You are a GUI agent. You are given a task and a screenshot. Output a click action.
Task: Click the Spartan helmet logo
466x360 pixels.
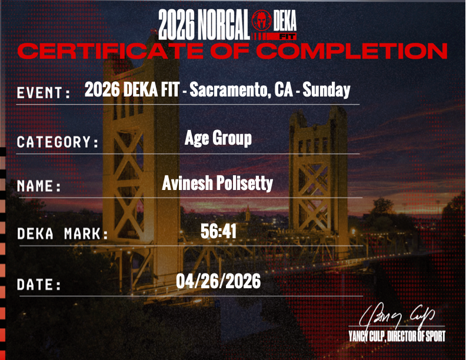pos(261,20)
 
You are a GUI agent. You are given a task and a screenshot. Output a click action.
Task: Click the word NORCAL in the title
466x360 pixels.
pos(224,24)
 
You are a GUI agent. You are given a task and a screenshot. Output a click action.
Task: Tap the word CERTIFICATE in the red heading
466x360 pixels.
pos(111,51)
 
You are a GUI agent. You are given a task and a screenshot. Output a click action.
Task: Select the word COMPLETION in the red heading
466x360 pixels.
pos(352,51)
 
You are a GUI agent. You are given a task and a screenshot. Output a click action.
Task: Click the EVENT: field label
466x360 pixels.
pos(44,93)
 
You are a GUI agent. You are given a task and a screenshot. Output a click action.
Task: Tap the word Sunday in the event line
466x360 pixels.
pos(327,90)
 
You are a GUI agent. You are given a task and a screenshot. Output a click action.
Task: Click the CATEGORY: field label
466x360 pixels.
pos(57,142)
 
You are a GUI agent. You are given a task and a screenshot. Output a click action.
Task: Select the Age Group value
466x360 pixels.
pos(218,138)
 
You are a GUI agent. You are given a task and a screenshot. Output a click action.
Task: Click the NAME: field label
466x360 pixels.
pos(39,186)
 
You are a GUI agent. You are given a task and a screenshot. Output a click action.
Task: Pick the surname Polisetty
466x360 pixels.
pos(245,183)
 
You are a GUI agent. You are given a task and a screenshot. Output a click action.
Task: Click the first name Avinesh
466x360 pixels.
pos(187,183)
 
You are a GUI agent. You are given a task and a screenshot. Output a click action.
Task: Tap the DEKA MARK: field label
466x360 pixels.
pos(63,234)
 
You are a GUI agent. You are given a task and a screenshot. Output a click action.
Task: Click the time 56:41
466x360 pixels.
pos(218,231)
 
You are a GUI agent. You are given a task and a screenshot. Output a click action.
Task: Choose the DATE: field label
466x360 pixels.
pos(39,285)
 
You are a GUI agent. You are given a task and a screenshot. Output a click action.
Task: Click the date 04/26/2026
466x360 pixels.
pos(218,281)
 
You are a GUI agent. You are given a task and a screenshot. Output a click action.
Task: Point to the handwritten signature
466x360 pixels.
pos(397,315)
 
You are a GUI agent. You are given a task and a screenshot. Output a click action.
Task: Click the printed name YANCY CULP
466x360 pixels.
pos(367,336)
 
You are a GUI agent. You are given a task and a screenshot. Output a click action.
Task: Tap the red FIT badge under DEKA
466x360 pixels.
pos(287,36)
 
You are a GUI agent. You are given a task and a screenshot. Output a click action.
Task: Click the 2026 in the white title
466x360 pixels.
pos(176,24)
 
